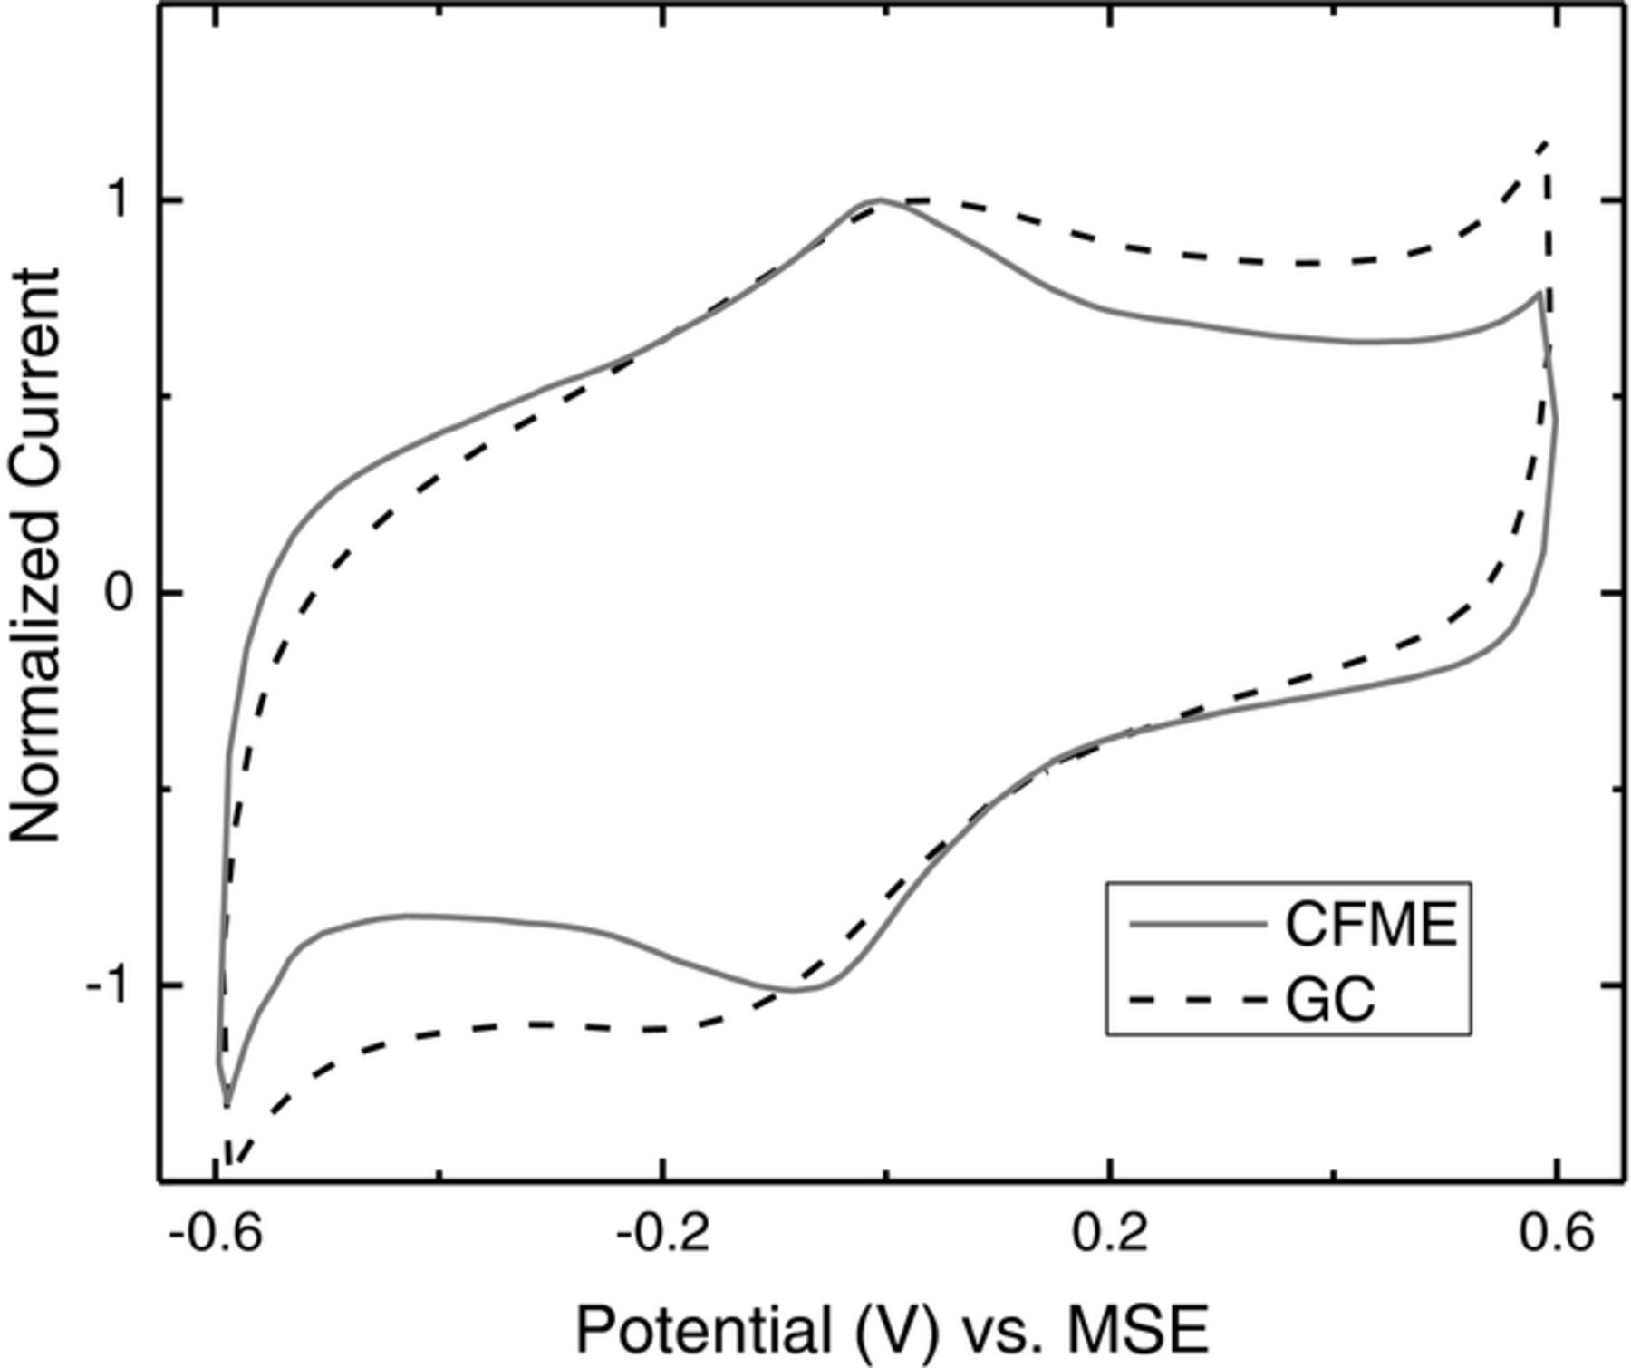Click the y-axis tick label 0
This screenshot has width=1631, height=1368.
(x=121, y=594)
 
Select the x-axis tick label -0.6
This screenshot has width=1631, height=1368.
(x=216, y=1235)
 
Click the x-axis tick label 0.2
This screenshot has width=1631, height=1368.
(x=1109, y=1235)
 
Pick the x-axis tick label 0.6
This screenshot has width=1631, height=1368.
(x=1555, y=1235)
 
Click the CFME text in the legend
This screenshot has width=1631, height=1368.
(x=1371, y=925)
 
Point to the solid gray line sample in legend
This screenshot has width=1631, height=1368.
(x=1196, y=925)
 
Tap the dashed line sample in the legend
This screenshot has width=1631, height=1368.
(x=1196, y=1000)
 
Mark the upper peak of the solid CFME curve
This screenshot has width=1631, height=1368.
(x=879, y=199)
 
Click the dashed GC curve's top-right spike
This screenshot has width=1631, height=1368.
(x=1546, y=143)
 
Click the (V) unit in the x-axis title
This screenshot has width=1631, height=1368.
(x=893, y=1329)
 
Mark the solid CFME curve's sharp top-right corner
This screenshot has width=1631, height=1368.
(x=1539, y=293)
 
